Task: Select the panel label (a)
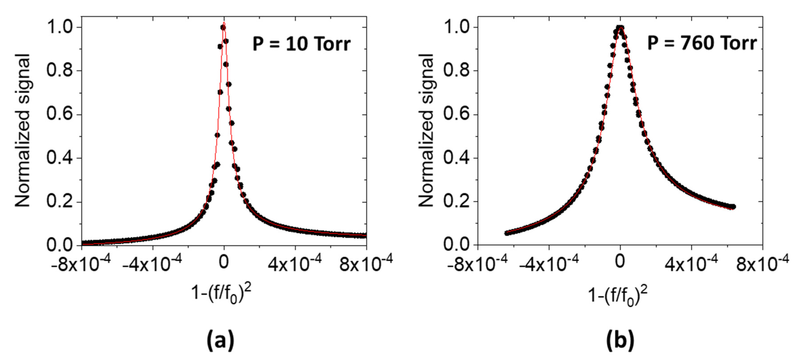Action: click(220, 341)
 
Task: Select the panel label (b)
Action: click(620, 341)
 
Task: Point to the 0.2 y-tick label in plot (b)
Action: click(456, 201)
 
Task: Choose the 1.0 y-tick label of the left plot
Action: click(59, 27)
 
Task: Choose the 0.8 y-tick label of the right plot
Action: click(456, 70)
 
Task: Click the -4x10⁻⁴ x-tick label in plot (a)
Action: click(152, 264)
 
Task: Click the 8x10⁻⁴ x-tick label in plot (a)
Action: click(366, 264)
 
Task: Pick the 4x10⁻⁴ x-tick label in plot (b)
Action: click(691, 264)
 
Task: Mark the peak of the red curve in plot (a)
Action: click(224, 23)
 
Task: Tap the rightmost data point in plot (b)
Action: click(733, 207)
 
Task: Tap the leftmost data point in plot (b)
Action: click(506, 233)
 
